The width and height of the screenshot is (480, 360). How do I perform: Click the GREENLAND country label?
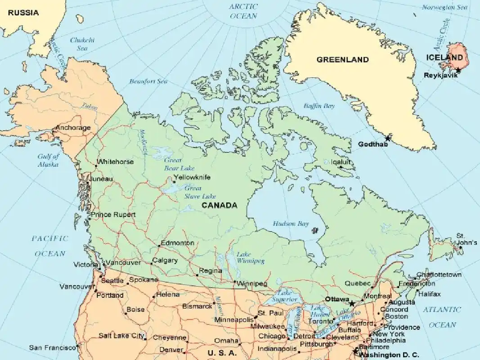click(x=342, y=59)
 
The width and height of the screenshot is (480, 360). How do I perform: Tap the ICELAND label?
click(x=444, y=58)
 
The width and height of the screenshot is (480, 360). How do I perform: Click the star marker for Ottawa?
click(x=352, y=304)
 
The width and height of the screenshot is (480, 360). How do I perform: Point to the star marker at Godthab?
click(x=387, y=138)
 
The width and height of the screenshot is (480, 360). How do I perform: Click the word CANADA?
click(x=219, y=206)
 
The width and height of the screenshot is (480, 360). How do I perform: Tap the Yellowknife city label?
click(x=192, y=177)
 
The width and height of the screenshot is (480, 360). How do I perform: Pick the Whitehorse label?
click(x=115, y=162)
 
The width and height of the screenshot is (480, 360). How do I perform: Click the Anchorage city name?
click(x=72, y=128)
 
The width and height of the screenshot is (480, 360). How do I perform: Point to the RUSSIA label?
click(x=23, y=13)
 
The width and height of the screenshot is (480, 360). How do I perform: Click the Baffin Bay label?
click(x=319, y=106)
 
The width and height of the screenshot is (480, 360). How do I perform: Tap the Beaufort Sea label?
click(x=148, y=81)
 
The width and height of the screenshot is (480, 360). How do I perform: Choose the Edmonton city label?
click(x=177, y=243)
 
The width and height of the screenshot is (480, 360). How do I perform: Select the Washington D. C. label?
click(x=390, y=355)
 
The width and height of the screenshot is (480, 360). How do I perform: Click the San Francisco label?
click(x=52, y=348)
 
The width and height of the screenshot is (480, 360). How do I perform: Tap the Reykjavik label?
click(x=440, y=75)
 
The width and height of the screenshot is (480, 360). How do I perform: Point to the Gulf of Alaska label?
click(x=48, y=161)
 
